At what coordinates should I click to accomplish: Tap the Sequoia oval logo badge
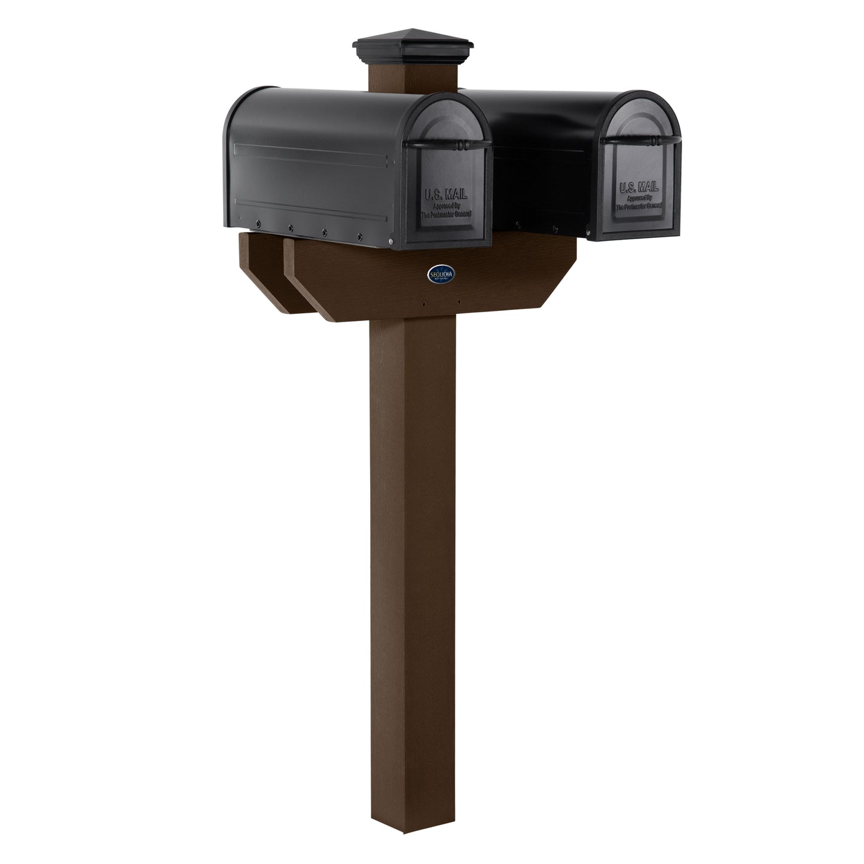tap(442, 273)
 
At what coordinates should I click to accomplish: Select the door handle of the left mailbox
tap(447, 145)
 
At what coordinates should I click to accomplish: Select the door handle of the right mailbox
tap(641, 140)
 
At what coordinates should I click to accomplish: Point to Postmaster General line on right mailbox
tap(638, 205)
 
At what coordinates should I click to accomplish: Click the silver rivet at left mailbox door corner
tap(391, 240)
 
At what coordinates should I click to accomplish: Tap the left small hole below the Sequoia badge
tap(425, 304)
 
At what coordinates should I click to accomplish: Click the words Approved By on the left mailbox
tap(445, 204)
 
